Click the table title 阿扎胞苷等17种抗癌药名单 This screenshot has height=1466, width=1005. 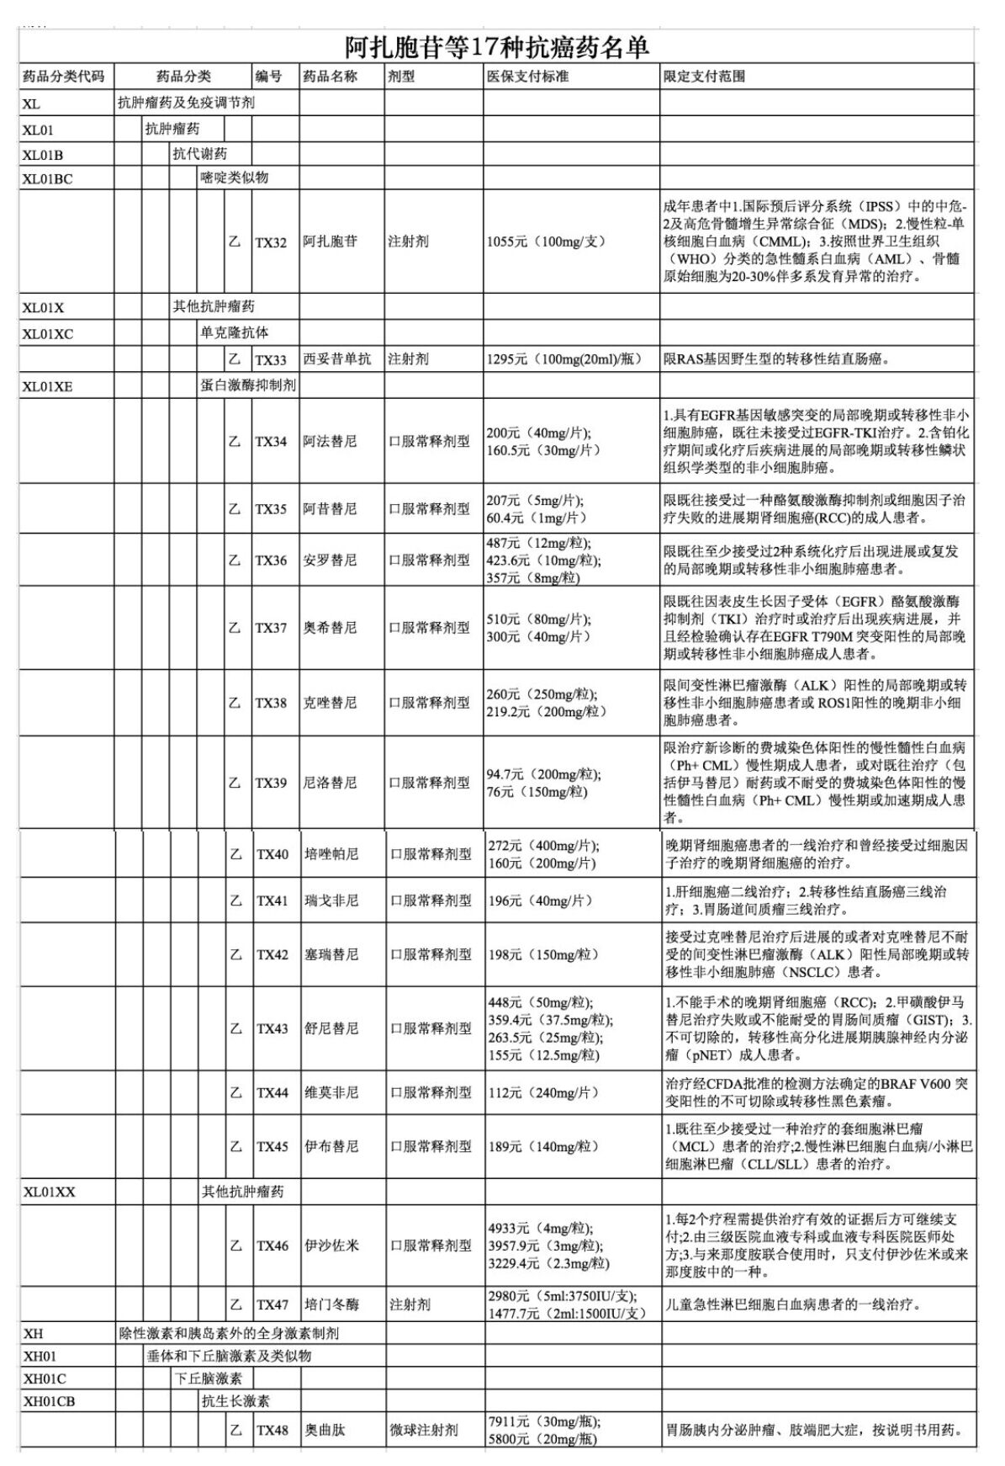[497, 47]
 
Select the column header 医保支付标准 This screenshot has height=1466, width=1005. [527, 77]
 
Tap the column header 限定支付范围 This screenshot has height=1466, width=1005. [704, 77]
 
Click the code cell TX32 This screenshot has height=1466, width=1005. [271, 242]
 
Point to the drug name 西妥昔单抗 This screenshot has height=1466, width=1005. [336, 359]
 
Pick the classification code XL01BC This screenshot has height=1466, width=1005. [47, 178]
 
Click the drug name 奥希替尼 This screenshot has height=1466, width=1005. [330, 628]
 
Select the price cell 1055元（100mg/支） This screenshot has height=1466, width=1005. [546, 242]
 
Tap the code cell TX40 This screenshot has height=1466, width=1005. [272, 854]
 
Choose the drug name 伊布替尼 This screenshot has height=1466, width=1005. [331, 1146]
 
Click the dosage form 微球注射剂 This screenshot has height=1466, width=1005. [424, 1430]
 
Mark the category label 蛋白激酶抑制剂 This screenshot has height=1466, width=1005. [247, 385]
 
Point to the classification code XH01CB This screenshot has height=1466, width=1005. [49, 1402]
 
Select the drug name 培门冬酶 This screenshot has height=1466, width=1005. [331, 1304]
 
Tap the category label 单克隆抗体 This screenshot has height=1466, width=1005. [234, 333]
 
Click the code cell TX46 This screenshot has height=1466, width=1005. [272, 1246]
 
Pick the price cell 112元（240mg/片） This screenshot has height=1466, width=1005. [543, 1092]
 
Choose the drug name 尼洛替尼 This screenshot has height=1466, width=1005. [330, 783]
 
